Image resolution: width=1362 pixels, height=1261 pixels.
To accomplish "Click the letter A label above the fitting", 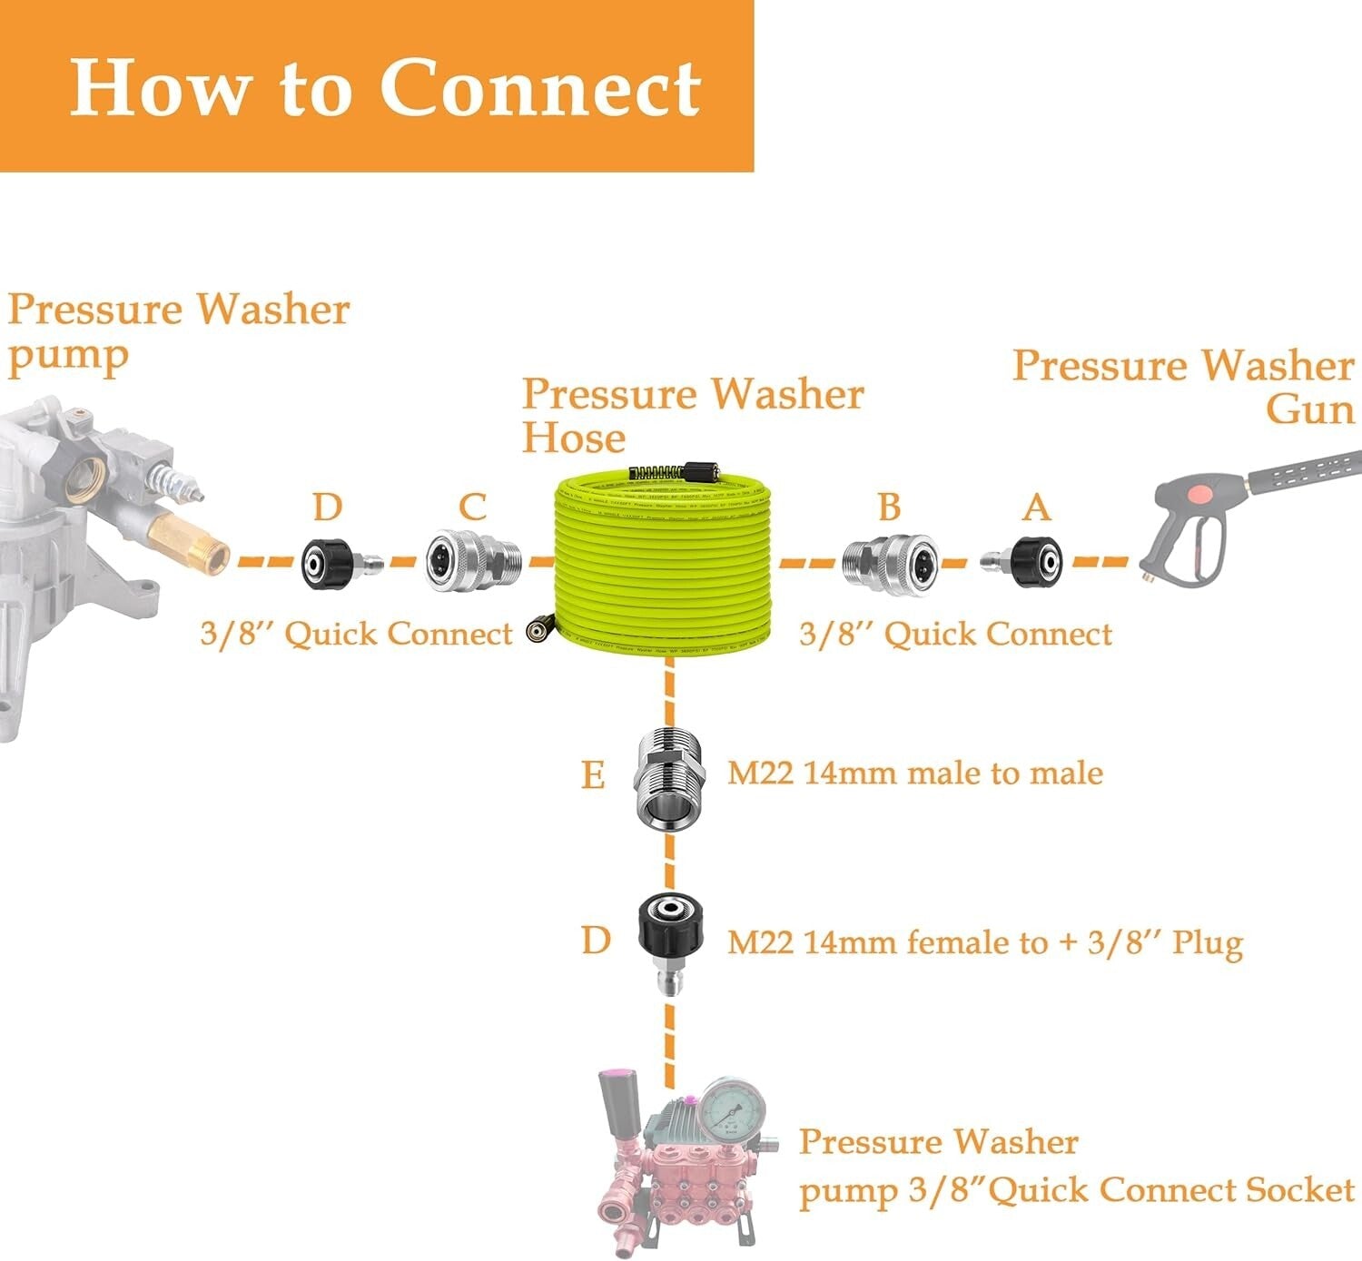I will pos(1036,507).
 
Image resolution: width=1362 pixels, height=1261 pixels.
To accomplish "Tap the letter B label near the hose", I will pos(889,507).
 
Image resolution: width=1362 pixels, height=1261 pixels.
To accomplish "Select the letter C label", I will pos(472,507).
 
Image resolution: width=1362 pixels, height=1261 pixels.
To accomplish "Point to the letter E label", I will pos(593,776).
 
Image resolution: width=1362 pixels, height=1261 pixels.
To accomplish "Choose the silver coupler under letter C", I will pos(472,563).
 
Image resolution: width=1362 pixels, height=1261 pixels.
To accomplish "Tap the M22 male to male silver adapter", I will pos(670,776).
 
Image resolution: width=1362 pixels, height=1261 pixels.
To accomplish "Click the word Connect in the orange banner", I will pos(540,88).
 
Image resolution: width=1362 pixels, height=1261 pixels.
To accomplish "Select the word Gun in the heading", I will pos(1309,409).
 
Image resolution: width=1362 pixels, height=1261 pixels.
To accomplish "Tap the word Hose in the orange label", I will pos(574,438).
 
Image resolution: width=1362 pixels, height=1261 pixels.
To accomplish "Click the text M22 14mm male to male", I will pos(915,773).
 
